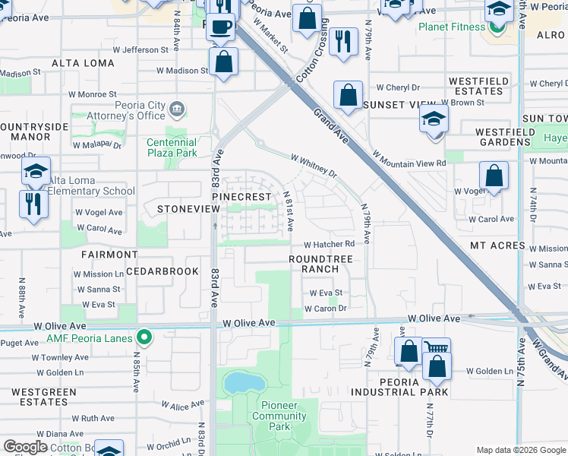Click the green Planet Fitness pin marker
coord(498,28)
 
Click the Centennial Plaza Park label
coord(172,147)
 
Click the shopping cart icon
coord(436,349)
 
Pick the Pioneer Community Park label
coord(279,416)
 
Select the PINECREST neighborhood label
coord(241,197)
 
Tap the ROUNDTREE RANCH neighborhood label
coord(320,264)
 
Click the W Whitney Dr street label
coord(314,165)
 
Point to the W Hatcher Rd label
coord(330,244)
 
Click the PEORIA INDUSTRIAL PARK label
coord(399,387)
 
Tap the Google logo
coord(25,447)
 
